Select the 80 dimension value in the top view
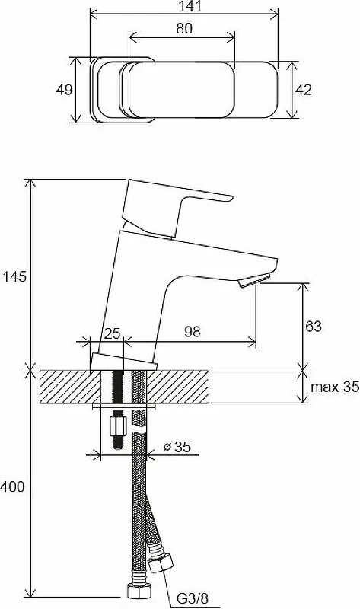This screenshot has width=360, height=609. [184, 29]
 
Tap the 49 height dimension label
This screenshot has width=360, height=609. [64, 90]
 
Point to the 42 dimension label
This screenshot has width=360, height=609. [304, 90]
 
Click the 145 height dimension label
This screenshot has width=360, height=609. [14, 277]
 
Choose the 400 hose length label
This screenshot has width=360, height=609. [12, 486]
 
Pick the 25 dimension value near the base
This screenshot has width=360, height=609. [113, 333]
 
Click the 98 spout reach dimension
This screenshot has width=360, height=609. [193, 332]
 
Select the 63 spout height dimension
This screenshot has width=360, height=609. [314, 327]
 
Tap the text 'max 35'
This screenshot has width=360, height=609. [335, 387]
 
